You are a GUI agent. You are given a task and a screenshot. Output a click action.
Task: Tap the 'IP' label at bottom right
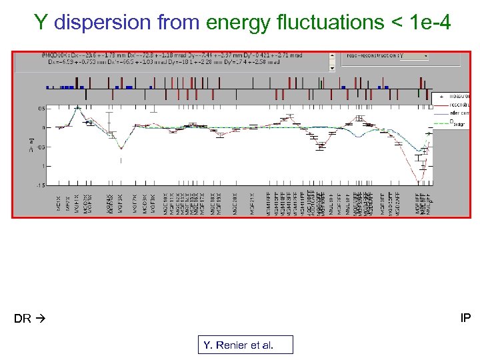465,318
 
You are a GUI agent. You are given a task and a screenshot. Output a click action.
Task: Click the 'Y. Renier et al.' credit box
245,345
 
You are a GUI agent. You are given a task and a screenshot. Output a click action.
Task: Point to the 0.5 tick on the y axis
41,108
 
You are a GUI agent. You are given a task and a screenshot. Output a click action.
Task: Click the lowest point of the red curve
419,181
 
